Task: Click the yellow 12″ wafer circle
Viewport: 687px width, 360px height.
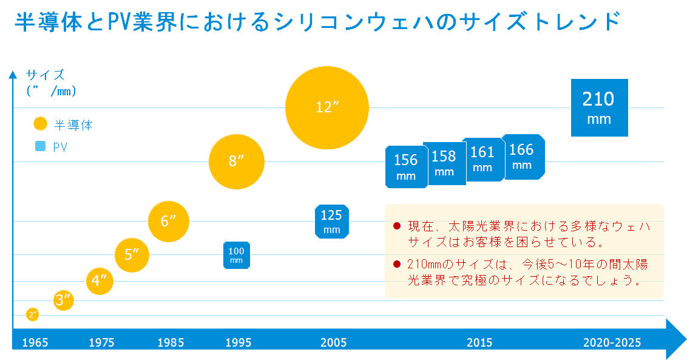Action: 327,107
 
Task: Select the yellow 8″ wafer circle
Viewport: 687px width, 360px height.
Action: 236,161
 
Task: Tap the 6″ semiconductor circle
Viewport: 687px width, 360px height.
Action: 169,221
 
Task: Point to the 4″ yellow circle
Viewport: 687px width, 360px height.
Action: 100,280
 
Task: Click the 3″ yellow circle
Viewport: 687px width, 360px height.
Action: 64,299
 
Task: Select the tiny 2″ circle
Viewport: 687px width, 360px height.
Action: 33,314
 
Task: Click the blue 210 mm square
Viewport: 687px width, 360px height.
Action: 599,107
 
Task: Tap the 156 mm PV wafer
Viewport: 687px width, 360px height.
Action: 406,166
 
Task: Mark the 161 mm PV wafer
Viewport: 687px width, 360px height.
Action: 482,159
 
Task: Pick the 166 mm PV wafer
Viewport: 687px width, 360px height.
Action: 523,156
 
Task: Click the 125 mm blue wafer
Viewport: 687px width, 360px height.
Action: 332,221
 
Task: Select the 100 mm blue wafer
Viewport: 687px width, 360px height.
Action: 236,254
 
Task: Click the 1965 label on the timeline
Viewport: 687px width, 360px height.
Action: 35,343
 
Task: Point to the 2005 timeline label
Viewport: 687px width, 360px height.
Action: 334,343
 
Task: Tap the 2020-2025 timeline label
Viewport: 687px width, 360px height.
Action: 612,343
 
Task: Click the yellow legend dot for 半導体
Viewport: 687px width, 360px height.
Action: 40,124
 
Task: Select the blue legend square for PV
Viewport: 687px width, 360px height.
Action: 41,146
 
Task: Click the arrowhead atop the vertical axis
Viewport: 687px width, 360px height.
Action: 13,75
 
